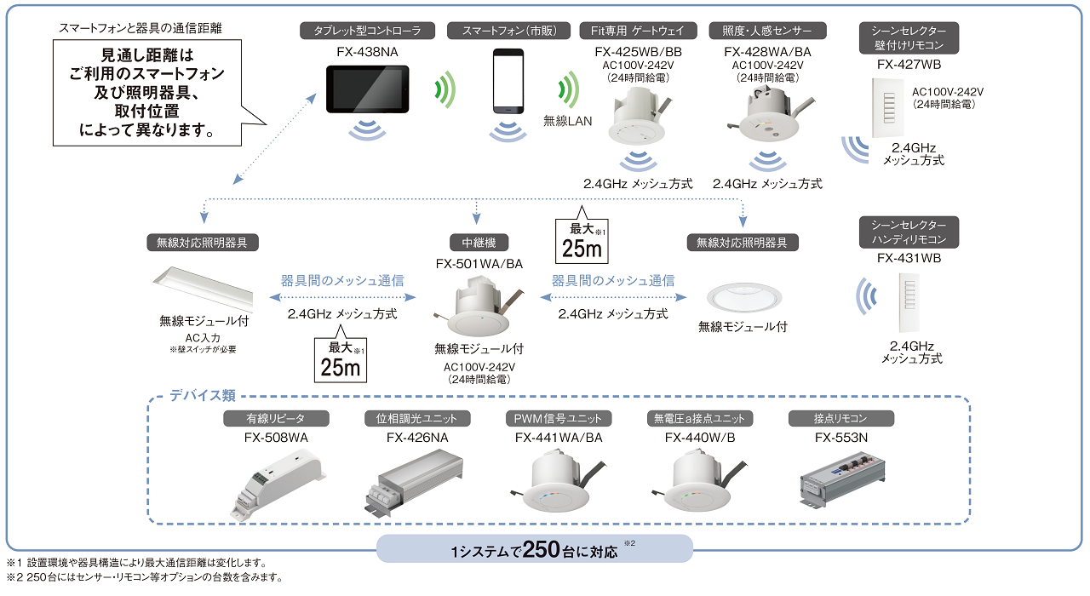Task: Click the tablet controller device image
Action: point(367,89)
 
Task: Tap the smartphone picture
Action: point(508,82)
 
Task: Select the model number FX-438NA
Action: point(367,51)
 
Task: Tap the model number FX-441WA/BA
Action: point(559,438)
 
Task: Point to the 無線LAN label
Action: point(567,121)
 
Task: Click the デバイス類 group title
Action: point(203,395)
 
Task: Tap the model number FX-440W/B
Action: point(700,438)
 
